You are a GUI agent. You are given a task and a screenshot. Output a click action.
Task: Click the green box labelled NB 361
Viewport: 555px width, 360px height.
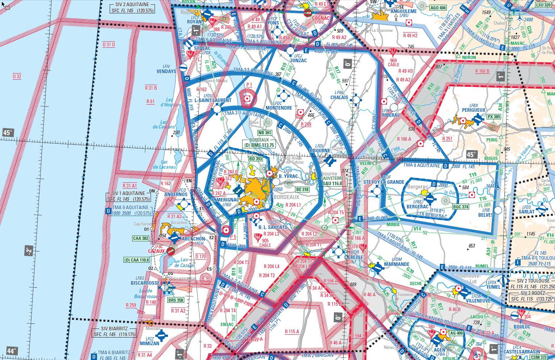coord(265,133)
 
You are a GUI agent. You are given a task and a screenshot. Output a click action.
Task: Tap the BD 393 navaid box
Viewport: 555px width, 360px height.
coord(256,159)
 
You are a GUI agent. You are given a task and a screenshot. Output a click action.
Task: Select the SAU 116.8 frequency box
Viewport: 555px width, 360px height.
coord(332,183)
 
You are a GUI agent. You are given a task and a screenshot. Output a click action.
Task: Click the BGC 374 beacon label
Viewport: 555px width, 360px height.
coord(461,207)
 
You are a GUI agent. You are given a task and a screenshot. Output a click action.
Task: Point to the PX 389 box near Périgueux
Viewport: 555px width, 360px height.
coord(493,117)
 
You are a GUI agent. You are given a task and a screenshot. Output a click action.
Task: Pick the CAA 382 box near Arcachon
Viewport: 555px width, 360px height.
coord(141,238)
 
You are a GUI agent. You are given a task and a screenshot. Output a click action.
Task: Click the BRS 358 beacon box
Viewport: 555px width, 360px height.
coord(176,300)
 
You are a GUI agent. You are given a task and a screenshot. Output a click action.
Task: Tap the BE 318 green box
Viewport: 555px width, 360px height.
coord(302,189)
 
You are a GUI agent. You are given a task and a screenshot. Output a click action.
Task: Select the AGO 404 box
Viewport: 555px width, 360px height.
coord(438,8)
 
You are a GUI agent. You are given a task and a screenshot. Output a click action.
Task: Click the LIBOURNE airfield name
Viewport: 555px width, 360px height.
coord(320,151)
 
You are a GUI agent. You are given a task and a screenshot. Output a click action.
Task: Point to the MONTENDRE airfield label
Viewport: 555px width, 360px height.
coord(279,108)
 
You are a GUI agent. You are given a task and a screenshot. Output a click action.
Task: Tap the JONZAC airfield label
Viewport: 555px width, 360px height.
coord(298,60)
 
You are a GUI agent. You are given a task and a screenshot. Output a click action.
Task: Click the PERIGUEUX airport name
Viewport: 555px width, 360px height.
coord(474,110)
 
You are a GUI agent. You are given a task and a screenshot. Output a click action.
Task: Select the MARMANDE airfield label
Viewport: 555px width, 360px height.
coord(397,264)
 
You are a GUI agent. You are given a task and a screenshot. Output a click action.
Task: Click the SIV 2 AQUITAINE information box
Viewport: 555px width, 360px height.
coord(133,8)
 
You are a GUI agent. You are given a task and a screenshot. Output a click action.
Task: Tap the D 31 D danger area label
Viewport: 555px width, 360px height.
coord(109,45)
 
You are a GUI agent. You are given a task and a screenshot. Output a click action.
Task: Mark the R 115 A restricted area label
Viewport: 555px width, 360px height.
coord(292,331)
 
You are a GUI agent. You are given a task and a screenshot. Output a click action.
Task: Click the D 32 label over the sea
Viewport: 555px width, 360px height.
coord(17,76)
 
